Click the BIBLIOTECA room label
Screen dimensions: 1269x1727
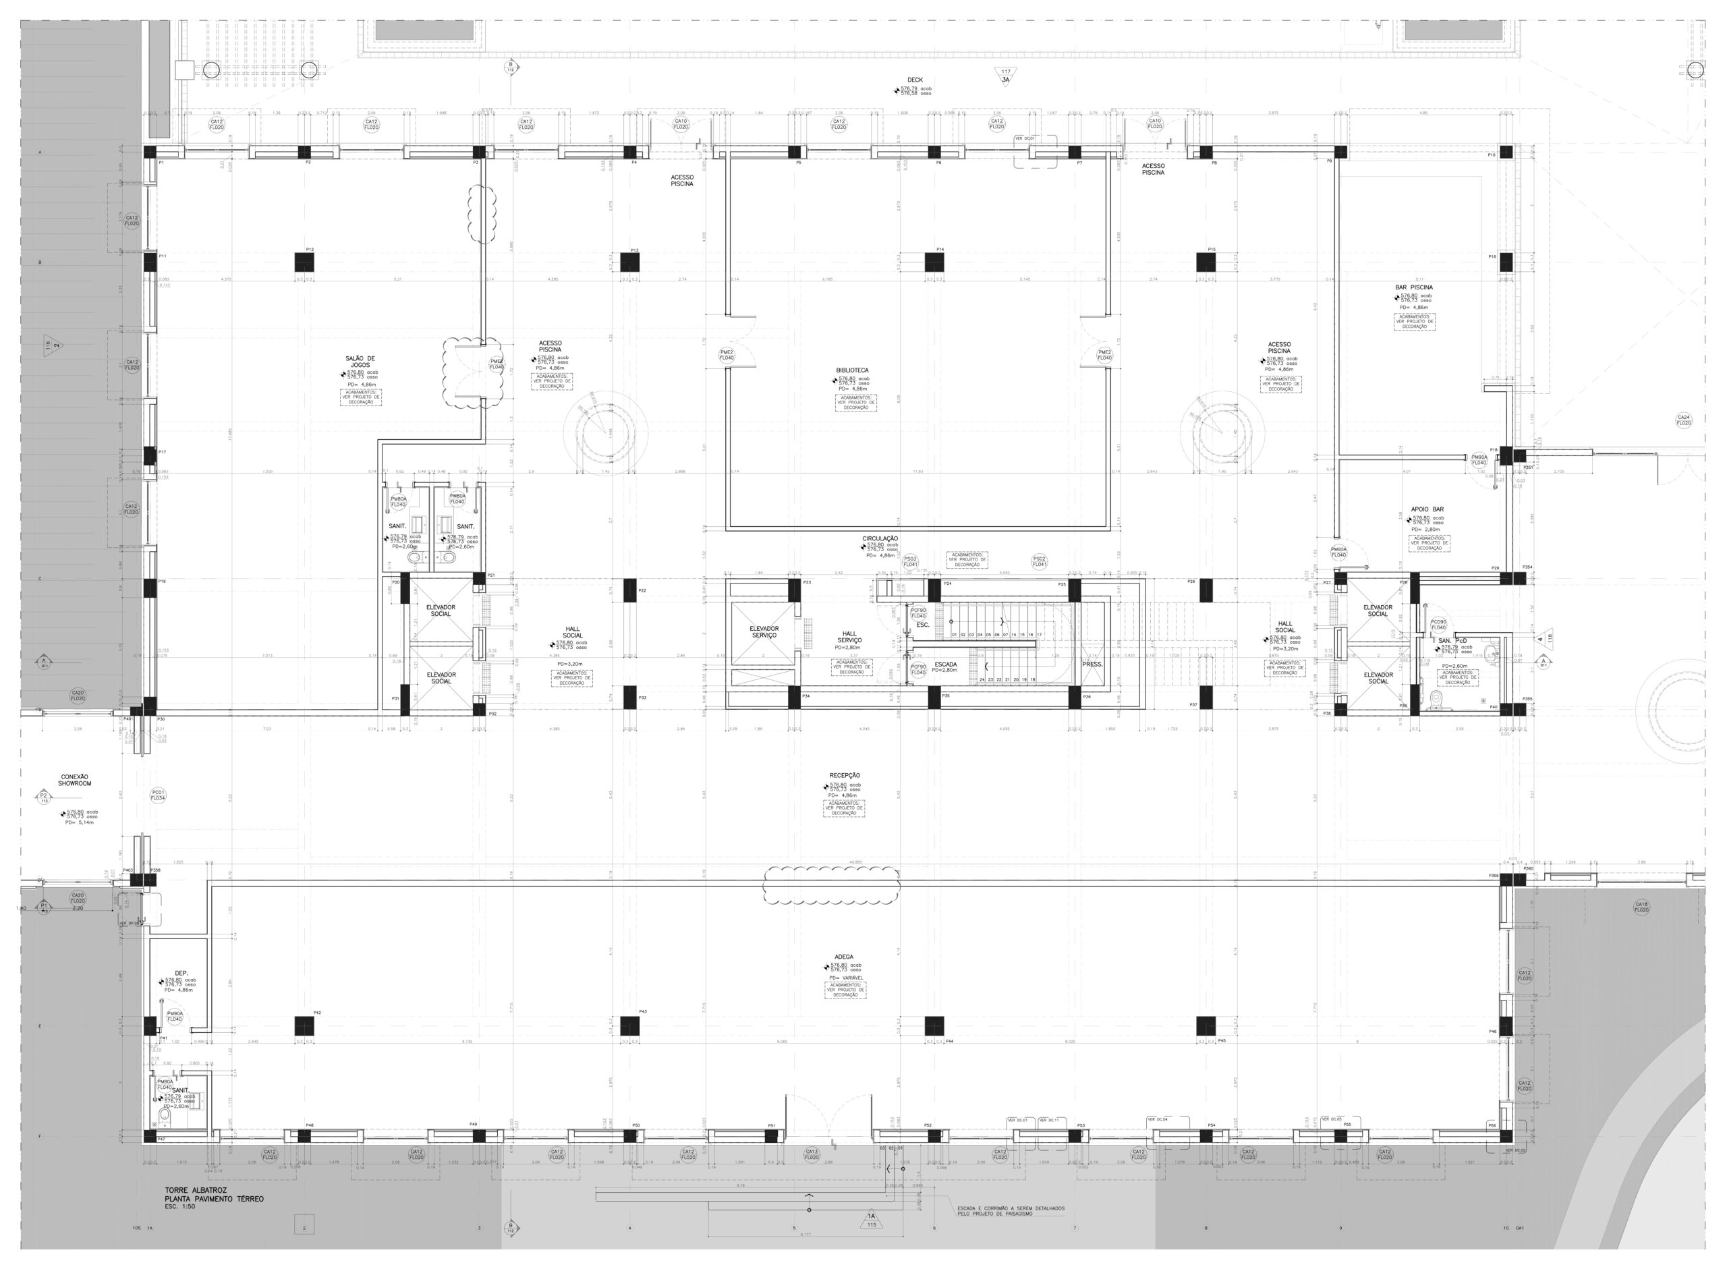click(x=851, y=370)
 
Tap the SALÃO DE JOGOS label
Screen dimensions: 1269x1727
click(x=360, y=362)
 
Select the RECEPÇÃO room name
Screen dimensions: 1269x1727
click(x=845, y=776)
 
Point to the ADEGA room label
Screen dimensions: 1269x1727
click(x=844, y=957)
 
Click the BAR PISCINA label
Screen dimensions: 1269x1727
click(x=1414, y=287)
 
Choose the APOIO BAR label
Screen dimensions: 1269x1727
click(x=1427, y=509)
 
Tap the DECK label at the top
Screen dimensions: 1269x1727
click(x=915, y=80)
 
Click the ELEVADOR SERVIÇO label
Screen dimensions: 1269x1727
click(x=764, y=632)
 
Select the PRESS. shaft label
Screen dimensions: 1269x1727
click(x=1092, y=665)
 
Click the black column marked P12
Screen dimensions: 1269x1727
click(x=305, y=262)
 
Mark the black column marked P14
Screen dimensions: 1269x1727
click(x=934, y=262)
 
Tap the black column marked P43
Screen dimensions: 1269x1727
click(x=629, y=1026)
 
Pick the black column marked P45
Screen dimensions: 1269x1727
click(x=1206, y=1026)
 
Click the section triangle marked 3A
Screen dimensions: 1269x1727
click(x=1005, y=76)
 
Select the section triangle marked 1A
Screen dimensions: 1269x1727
click(x=871, y=1220)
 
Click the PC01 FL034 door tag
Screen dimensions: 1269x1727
click(x=157, y=795)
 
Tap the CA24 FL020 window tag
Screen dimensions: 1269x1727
click(x=1683, y=420)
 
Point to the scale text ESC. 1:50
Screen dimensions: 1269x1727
click(x=180, y=1207)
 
